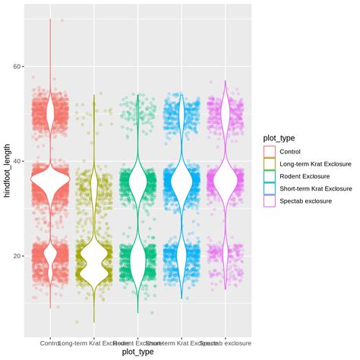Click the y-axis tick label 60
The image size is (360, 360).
click(15, 67)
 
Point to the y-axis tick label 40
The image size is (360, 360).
click(15, 162)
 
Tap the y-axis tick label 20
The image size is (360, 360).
click(15, 257)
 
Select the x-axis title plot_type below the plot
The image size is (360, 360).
click(138, 352)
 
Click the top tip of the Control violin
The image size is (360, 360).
click(50, 20)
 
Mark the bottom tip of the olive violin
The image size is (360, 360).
click(94, 322)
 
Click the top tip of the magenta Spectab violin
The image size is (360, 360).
click(226, 81)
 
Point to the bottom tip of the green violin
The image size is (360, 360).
click(138, 312)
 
